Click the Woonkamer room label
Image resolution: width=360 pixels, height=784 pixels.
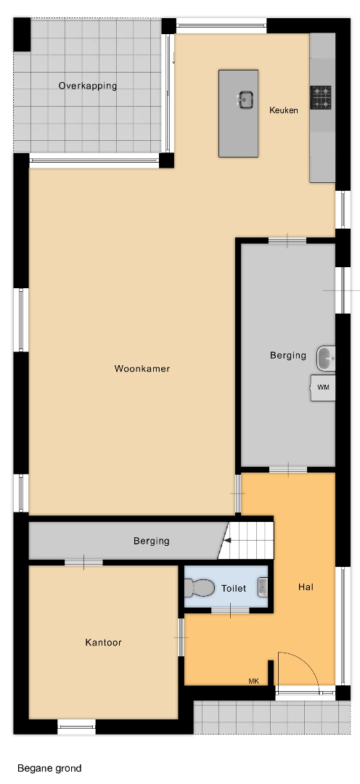142,369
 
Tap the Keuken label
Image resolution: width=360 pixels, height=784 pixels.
284,110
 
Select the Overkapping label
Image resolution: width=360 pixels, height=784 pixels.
88,86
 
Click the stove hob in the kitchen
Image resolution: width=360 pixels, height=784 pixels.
321,97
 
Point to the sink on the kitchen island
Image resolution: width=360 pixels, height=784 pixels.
245,99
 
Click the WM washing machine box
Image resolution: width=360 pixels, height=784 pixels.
323,388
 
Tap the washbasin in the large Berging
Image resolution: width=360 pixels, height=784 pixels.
325,359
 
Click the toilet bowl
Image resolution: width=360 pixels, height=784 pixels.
198,588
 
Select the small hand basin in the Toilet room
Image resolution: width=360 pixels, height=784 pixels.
263,587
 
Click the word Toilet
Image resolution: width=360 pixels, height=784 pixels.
234,589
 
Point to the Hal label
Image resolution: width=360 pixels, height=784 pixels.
306,587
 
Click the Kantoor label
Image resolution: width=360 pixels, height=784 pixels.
104,642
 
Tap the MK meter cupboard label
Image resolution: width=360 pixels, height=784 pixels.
254,681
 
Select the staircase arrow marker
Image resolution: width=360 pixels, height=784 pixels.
227,540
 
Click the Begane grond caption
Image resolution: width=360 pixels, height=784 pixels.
49,768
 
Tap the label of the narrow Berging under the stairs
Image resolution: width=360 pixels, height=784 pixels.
151,541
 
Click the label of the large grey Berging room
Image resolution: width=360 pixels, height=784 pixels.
288,356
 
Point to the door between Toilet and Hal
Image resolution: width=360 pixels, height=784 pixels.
231,610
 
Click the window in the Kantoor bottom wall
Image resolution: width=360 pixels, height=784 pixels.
76,726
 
